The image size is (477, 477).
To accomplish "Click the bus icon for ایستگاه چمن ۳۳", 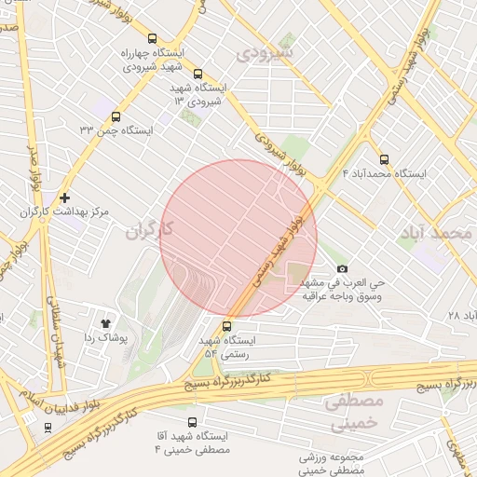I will [116, 117].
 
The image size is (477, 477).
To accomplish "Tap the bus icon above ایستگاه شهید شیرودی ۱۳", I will [197, 74].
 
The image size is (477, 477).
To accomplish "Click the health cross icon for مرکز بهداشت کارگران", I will [64, 198].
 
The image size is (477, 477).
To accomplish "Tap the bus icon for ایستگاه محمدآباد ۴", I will [385, 159].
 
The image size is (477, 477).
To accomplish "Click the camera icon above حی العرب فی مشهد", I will [342, 268].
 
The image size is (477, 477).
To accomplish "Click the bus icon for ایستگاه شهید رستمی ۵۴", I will [227, 326].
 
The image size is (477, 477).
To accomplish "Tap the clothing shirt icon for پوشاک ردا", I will [103, 321].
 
